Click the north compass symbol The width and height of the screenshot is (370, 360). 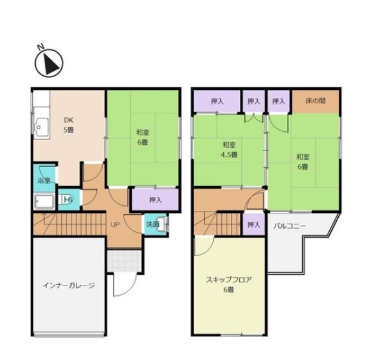[49, 63]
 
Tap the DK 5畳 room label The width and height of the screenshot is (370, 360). [69, 125]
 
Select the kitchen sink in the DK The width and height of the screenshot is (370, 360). [41, 127]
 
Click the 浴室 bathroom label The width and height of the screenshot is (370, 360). [44, 180]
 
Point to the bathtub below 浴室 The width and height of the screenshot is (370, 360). [45, 202]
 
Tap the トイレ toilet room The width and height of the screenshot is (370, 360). [69, 199]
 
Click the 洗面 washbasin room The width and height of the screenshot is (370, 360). [156, 224]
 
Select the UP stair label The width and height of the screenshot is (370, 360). [115, 225]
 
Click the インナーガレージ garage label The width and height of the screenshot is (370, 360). [69, 285]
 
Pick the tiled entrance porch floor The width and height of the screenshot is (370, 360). [124, 260]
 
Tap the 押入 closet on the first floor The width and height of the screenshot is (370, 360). [155, 199]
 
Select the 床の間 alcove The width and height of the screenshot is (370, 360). [316, 101]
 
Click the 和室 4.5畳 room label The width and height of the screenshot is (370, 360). [229, 150]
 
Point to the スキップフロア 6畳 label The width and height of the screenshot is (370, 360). [228, 285]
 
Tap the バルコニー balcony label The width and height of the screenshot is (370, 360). [290, 226]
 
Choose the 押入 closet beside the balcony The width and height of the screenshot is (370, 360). [254, 224]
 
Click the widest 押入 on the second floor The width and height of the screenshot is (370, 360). [217, 101]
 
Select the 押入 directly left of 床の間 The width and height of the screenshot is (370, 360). [279, 101]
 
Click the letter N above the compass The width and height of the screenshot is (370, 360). [41, 47]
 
